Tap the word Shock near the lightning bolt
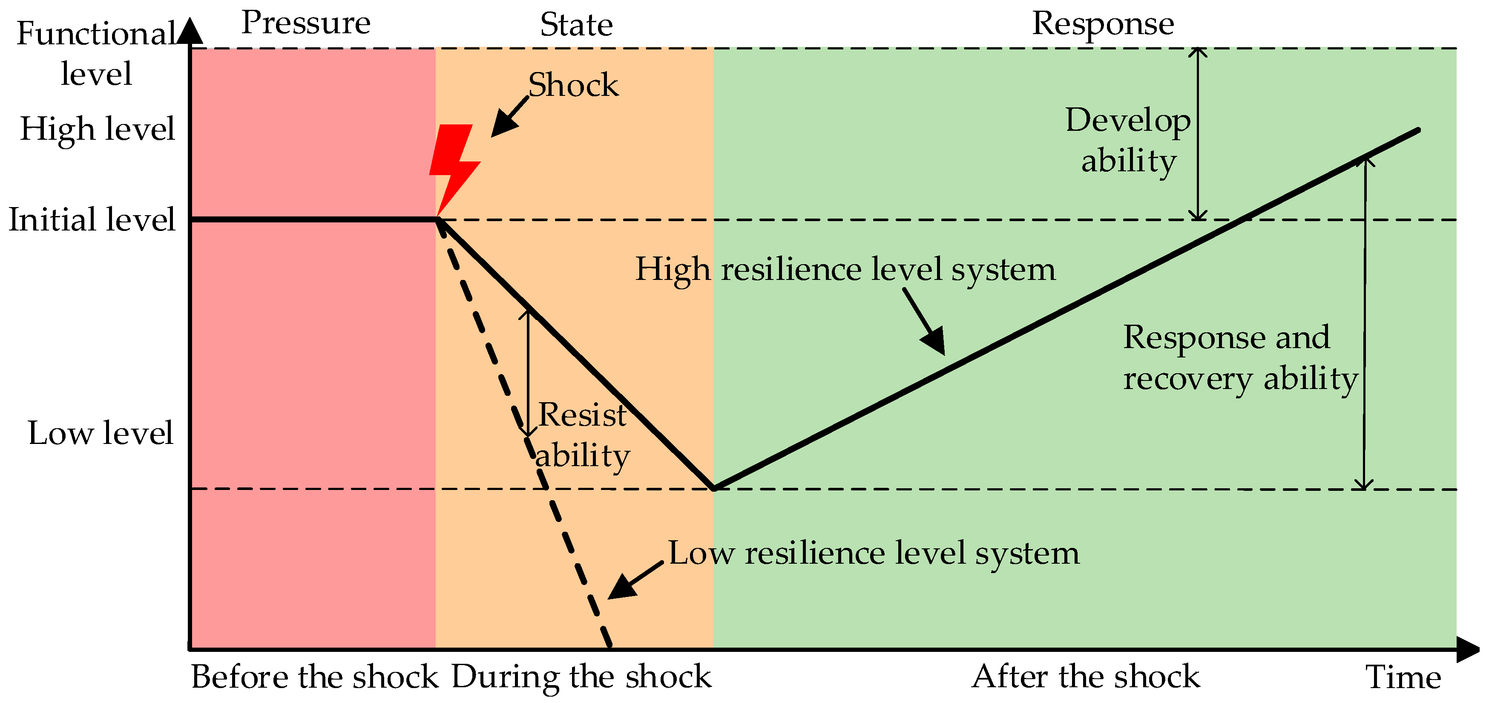coord(573,86)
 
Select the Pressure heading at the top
coord(306,23)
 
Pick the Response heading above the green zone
coord(1103,24)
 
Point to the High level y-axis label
coord(97,128)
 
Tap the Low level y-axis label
coord(100,432)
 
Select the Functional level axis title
coord(96,53)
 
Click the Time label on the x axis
coord(1403,677)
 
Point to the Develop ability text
coord(1128,141)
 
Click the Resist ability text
coord(582,435)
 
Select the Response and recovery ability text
coord(1239,358)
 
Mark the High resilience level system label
coord(845,269)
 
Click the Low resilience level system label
coord(874,553)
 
